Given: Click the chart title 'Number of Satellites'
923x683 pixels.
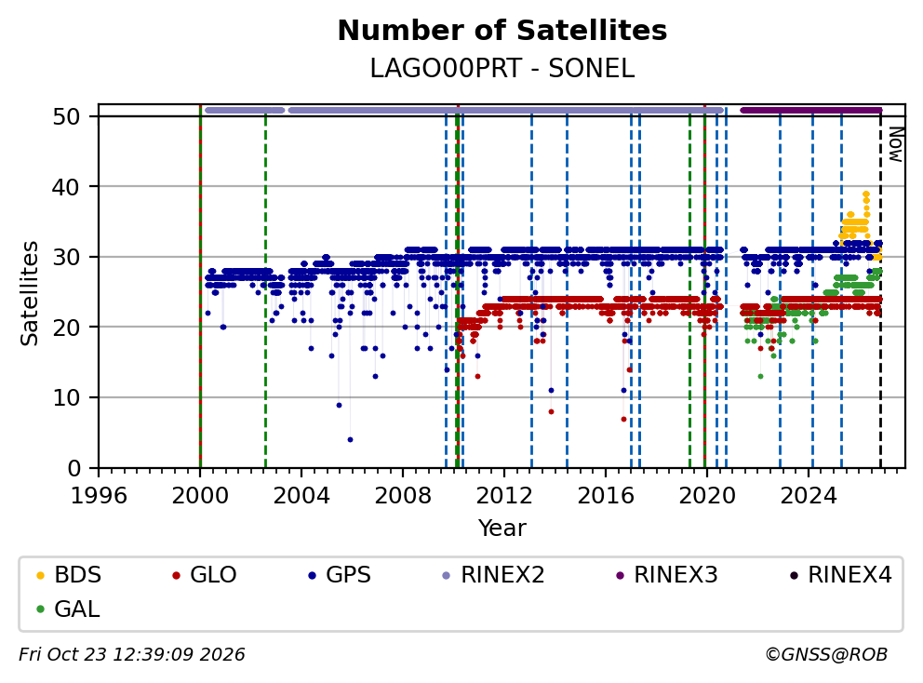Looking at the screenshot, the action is pyautogui.click(x=502, y=31).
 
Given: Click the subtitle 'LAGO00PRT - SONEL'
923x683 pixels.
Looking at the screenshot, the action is pyautogui.click(x=502, y=69).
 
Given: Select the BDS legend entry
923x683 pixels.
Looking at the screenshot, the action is pyautogui.click(x=69, y=575).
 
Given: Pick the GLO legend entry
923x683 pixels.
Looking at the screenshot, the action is pyautogui.click(x=205, y=575).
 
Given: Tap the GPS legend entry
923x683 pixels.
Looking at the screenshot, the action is pyautogui.click(x=340, y=575).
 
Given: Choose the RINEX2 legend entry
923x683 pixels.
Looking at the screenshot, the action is pyautogui.click(x=493, y=575).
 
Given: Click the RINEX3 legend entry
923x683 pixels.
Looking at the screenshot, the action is pyautogui.click(x=666, y=575).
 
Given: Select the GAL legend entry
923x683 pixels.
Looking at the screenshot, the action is pyautogui.click(x=68, y=609).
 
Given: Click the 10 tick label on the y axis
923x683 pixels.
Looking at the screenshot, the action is pyautogui.click(x=66, y=398).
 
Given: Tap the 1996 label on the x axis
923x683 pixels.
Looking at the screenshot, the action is pyautogui.click(x=99, y=496).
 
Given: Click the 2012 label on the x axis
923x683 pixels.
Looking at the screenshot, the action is pyautogui.click(x=504, y=496).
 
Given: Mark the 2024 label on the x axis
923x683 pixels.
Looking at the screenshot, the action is pyautogui.click(x=809, y=496).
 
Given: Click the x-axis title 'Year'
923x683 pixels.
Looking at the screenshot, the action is pyautogui.click(x=502, y=528).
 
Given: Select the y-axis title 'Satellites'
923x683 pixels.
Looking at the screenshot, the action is pyautogui.click(x=30, y=292).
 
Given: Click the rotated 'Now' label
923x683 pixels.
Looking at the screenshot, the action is pyautogui.click(x=895, y=144).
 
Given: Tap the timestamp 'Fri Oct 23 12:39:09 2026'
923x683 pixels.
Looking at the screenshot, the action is pyautogui.click(x=132, y=654).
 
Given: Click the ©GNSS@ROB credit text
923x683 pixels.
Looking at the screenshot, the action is pyautogui.click(x=826, y=654).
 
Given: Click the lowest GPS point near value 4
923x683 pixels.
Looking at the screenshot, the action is pyautogui.click(x=350, y=440).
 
